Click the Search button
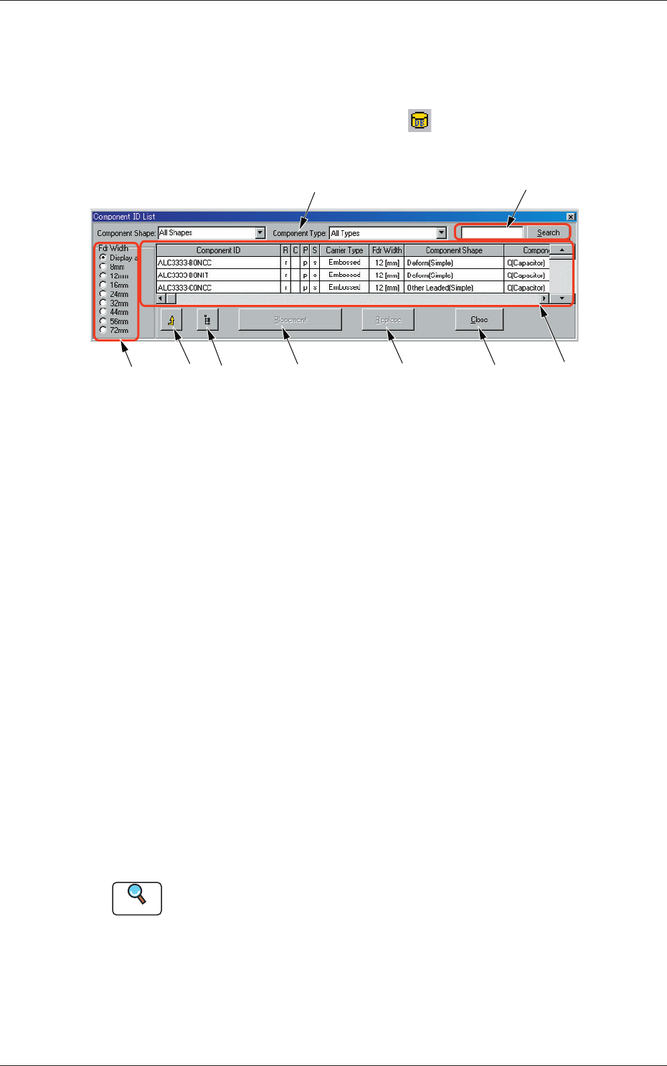[548, 232]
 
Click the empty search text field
[492, 232]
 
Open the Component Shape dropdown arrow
[260, 233]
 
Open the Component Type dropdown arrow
[442, 233]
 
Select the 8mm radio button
[103, 267]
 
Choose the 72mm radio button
[103, 330]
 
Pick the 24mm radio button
[103, 294]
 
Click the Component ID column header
[218, 250]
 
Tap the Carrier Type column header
[344, 250]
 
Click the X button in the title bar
[570, 217]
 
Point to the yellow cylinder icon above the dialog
[420, 121]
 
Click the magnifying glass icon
[137, 897]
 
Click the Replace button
[388, 320]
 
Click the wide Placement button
[290, 320]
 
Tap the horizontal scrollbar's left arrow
[161, 298]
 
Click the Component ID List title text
[124, 217]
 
